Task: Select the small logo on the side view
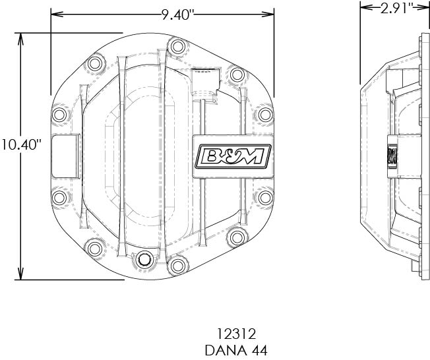click(390, 156)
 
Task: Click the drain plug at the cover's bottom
click(141, 262)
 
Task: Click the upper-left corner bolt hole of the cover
click(95, 64)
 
